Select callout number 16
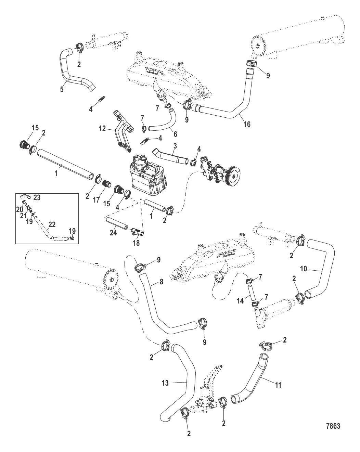tap(246, 124)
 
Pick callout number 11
tap(278, 385)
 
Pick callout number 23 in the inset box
tap(37, 197)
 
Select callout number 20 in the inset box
tap(20, 209)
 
